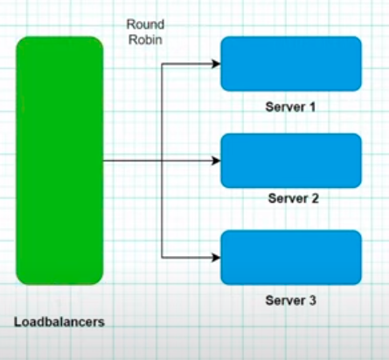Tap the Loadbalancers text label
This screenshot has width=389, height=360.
pyautogui.click(x=59, y=322)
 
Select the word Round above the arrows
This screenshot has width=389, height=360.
pyautogui.click(x=145, y=24)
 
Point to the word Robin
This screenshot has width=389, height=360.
pyautogui.click(x=145, y=39)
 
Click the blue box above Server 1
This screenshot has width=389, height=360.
pyautogui.click(x=290, y=64)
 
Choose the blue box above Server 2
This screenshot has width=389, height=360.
pyautogui.click(x=290, y=161)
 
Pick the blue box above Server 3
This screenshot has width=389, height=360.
pyautogui.click(x=290, y=257)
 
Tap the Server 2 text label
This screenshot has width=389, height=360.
pyautogui.click(x=291, y=198)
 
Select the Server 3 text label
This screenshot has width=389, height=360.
pyautogui.click(x=291, y=301)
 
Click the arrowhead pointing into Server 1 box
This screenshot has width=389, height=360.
pyautogui.click(x=215, y=64)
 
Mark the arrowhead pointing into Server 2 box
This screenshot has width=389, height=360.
pyautogui.click(x=215, y=161)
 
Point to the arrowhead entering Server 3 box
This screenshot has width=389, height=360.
pyautogui.click(x=215, y=257)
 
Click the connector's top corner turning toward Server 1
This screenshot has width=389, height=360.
pyautogui.click(x=163, y=64)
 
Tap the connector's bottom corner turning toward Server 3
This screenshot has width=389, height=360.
pyautogui.click(x=163, y=257)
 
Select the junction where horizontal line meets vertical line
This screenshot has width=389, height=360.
pyautogui.click(x=163, y=161)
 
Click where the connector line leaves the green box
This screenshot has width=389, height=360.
pyautogui.click(x=104, y=161)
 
